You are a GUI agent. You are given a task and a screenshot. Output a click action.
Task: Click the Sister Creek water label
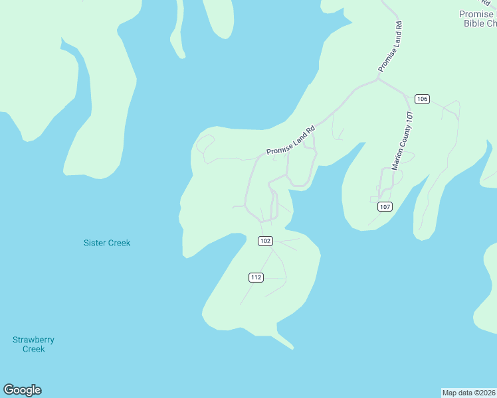107,243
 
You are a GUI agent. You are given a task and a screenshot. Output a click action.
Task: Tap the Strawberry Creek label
33,344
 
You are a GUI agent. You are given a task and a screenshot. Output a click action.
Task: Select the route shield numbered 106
422,99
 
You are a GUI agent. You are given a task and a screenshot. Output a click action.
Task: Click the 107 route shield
385,207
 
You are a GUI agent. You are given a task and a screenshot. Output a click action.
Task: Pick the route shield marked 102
265,241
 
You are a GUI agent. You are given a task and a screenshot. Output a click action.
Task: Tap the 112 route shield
256,277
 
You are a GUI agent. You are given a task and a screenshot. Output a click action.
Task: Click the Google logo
23,390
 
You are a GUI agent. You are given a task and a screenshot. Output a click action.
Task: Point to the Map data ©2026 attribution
468,392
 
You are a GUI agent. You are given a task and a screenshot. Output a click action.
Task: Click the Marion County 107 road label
403,141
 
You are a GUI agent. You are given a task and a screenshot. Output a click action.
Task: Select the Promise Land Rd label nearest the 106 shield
391,46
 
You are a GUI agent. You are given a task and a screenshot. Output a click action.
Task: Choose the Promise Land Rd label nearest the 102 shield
290,141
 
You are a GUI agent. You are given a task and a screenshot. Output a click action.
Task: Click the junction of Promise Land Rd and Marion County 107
377,80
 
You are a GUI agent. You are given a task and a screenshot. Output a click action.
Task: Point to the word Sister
94,243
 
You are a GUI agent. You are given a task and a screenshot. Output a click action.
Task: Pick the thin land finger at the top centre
177,33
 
